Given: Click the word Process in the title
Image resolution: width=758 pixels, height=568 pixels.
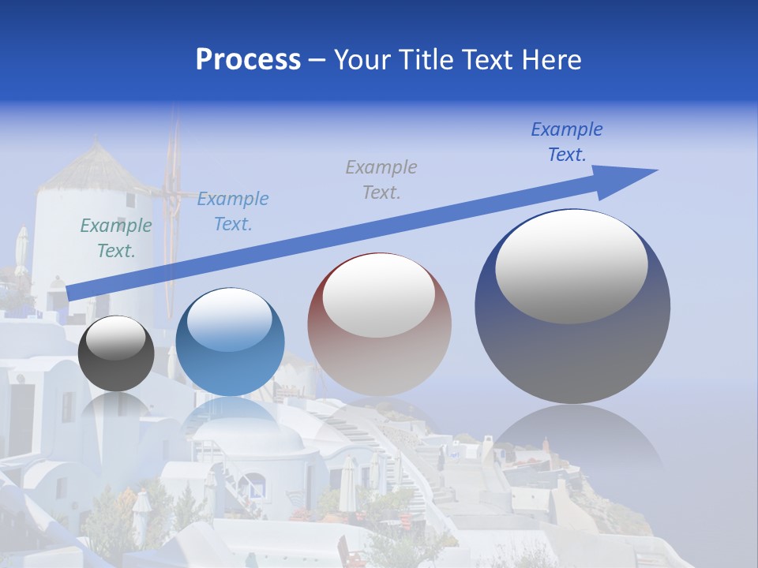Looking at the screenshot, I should (x=248, y=60).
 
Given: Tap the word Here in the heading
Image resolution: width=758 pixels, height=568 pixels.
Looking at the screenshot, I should (x=553, y=60).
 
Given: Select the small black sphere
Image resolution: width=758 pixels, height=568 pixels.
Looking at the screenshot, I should (x=116, y=354).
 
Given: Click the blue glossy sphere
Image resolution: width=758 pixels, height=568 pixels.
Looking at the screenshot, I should (x=229, y=342).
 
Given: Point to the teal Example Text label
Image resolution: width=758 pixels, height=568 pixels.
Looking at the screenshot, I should (x=116, y=238).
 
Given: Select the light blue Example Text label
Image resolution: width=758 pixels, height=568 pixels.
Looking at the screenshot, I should (x=232, y=211).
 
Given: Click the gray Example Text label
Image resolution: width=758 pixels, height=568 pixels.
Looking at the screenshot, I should (x=381, y=179).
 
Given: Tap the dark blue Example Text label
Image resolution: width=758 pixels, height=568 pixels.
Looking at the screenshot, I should (x=566, y=141).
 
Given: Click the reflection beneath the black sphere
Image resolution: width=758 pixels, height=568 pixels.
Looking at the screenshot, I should (x=116, y=410).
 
